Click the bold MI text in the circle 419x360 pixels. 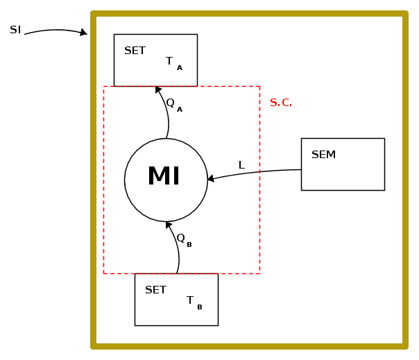pyautogui.click(x=164, y=177)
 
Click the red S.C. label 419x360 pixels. pyautogui.click(x=281, y=103)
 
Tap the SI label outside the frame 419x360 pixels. pyautogui.click(x=15, y=30)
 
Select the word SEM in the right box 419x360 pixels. pyautogui.click(x=323, y=155)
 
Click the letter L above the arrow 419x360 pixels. pyautogui.click(x=241, y=165)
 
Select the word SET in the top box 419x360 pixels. pyautogui.click(x=135, y=51)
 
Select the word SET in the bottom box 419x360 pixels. pyautogui.click(x=155, y=290)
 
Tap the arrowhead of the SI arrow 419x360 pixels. pyautogui.click(x=84, y=32)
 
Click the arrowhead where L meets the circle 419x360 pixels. pyautogui.click(x=211, y=178)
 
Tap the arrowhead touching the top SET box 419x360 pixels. pyautogui.click(x=158, y=89)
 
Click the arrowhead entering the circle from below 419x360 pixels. pyautogui.click(x=169, y=225)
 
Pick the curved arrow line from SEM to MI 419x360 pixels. pyautogui.click(x=257, y=172)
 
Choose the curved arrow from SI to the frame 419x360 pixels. pyautogui.click(x=52, y=31)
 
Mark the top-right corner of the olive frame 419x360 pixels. pyautogui.click(x=404, y=14)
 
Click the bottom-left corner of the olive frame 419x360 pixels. pyautogui.click(x=94, y=345)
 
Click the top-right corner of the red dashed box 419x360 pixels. pyautogui.click(x=259, y=86)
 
